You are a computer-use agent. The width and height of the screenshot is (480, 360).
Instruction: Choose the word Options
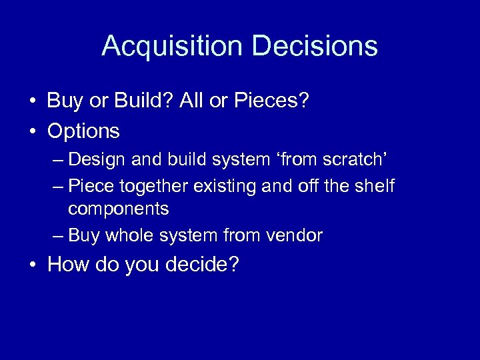point(83,131)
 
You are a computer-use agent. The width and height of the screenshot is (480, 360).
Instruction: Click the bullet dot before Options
point(32,131)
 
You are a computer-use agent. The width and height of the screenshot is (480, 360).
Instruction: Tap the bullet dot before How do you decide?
point(32,265)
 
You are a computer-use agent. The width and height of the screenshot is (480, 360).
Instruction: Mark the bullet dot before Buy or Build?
point(32,101)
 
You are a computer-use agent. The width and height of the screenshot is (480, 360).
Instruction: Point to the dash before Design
point(57,161)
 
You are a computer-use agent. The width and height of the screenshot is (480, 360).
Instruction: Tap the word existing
point(223,185)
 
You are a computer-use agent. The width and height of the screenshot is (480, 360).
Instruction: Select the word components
point(119,209)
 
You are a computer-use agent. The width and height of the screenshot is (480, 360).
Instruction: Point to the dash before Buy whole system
point(57,236)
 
